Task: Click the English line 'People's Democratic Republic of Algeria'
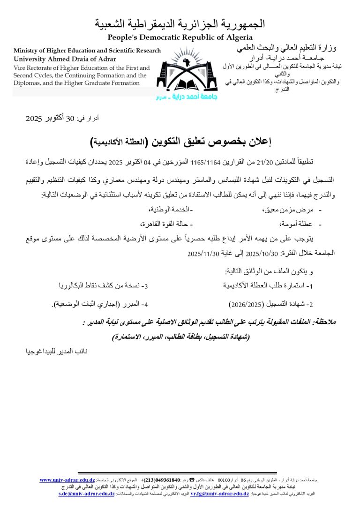point(180,37)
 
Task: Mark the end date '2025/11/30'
point(203,254)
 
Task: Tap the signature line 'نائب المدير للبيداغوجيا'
point(56,351)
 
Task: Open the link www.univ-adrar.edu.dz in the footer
point(67,480)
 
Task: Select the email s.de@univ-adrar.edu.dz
point(87,494)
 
